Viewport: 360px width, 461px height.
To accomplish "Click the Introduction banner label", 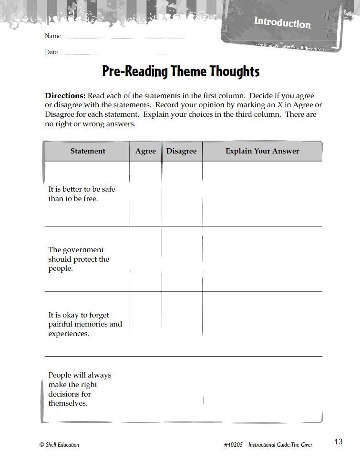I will pos(282,22).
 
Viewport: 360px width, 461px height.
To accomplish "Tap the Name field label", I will pos(53,36).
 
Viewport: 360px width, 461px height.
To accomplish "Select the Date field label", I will pos(51,52).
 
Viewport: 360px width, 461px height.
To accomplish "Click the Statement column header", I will pos(88,151).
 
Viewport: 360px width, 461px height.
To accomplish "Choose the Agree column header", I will pos(145,151).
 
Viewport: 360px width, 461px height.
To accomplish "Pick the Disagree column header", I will pos(181,151).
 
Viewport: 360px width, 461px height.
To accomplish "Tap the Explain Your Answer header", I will pos(262,151).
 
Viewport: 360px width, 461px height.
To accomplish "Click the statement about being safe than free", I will pos(82,194).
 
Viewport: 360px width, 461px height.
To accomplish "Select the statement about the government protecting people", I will pos(79,259).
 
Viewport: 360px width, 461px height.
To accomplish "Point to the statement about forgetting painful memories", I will pos(85,324).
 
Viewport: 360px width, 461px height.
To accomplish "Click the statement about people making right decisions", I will pos(79,389).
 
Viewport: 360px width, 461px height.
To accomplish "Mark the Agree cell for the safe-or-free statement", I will pos(145,194).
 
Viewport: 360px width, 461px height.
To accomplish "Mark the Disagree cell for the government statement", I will pos(182,259).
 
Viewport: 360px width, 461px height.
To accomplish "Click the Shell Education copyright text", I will pos(59,445).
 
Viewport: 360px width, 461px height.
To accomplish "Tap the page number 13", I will pos(338,442).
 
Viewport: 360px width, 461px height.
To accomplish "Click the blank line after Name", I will pos(123,37).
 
